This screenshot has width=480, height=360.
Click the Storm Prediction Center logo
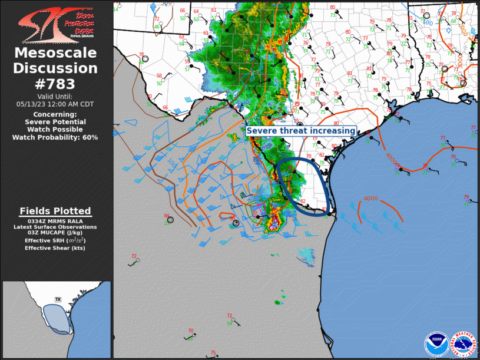(x=55, y=24)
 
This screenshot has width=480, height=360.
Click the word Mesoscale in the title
(x=55, y=54)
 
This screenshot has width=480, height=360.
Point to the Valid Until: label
(x=55, y=96)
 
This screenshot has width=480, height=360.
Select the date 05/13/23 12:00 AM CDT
(x=55, y=104)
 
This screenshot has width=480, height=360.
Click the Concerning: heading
(x=55, y=114)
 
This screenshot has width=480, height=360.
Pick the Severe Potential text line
(x=55, y=122)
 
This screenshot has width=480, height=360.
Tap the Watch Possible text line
(x=55, y=130)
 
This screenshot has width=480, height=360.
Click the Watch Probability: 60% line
(x=55, y=137)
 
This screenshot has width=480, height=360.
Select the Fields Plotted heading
(x=55, y=211)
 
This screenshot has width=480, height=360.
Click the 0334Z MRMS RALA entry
(x=55, y=221)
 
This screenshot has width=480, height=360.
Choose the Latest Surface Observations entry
(x=55, y=227)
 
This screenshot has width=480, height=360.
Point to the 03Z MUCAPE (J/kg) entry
(x=55, y=233)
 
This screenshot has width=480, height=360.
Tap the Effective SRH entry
(x=55, y=240)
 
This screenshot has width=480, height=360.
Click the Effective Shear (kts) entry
(x=55, y=248)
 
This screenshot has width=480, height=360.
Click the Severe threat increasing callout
(x=301, y=131)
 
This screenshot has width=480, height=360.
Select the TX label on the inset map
(x=58, y=299)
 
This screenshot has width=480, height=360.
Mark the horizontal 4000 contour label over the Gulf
(x=371, y=198)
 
